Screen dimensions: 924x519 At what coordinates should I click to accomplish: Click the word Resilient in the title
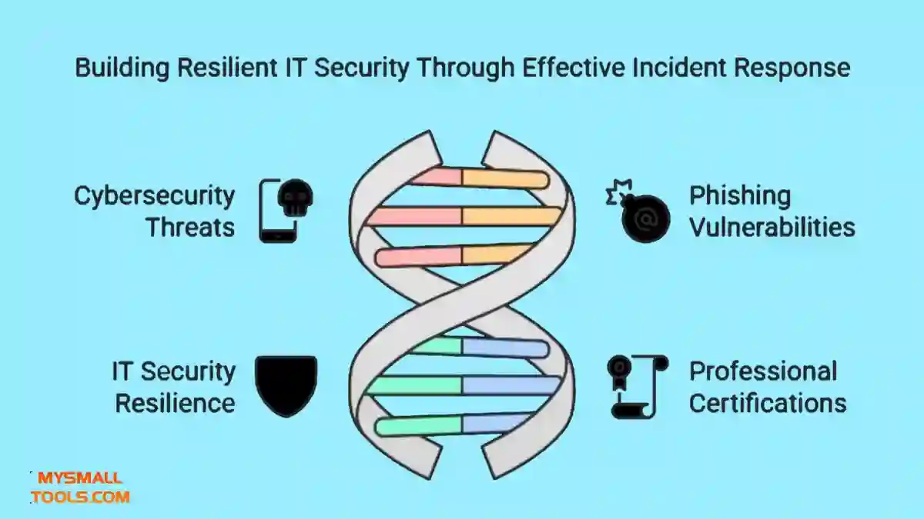[x=227, y=67]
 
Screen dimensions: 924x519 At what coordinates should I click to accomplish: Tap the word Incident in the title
[x=679, y=67]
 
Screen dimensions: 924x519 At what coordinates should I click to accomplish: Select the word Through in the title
[x=466, y=68]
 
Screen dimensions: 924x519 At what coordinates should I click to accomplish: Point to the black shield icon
[x=286, y=386]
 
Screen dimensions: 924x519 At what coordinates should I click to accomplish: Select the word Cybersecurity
[x=154, y=197]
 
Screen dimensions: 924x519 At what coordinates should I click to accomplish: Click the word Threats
[x=191, y=228]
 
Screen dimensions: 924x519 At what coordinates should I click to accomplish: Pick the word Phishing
[x=740, y=197]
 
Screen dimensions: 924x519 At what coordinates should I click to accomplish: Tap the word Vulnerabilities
[x=772, y=228]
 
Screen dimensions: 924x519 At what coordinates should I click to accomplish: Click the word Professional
[x=763, y=371]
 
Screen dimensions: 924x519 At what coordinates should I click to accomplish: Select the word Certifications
[x=768, y=403]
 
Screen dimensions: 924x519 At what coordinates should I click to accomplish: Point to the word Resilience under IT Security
[x=176, y=403]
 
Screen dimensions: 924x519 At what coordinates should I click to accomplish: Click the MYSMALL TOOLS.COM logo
[x=80, y=487]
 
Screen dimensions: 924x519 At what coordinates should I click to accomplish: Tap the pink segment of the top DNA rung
[x=437, y=177]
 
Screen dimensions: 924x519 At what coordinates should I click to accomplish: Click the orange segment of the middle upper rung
[x=511, y=217]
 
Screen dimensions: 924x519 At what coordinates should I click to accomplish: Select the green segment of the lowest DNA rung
[x=419, y=426]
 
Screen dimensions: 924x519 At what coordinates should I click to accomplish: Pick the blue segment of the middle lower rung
[x=511, y=385]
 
